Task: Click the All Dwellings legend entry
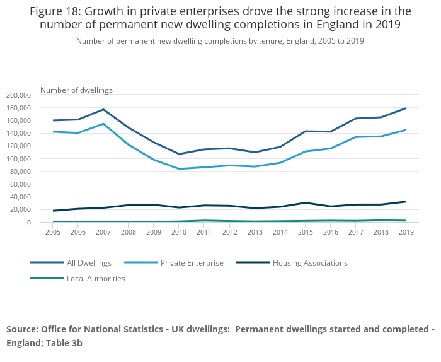click(89, 263)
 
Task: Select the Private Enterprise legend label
click(192, 263)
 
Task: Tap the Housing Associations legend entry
click(310, 263)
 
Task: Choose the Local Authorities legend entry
click(96, 279)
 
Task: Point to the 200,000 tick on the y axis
click(18, 95)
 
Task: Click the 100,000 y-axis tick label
click(18, 159)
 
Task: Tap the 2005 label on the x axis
click(54, 233)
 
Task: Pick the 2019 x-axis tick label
click(406, 233)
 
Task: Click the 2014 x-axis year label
click(280, 233)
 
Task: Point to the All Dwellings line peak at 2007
click(104, 110)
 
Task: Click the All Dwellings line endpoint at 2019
click(406, 108)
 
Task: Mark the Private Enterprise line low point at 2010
click(180, 169)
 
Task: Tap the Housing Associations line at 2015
click(306, 203)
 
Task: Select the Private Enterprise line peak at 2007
click(104, 124)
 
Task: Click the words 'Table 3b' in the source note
click(62, 344)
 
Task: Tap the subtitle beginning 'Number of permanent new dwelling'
click(220, 41)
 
